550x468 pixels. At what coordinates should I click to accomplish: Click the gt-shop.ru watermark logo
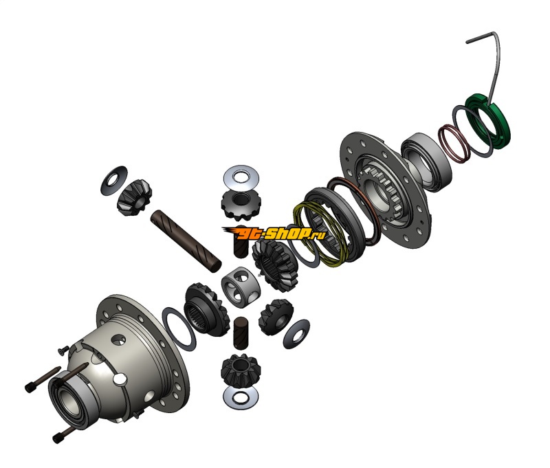click(274, 233)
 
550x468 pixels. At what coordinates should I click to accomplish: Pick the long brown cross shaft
click(186, 240)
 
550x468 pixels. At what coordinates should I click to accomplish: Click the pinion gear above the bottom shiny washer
click(240, 370)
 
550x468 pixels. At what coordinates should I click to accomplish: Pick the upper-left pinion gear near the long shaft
click(134, 197)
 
